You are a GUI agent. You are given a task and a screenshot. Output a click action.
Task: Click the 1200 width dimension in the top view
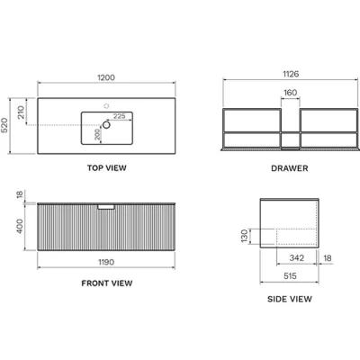106,77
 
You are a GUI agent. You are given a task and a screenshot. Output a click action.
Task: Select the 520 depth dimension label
4,125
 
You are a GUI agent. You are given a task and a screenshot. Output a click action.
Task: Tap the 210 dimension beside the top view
21,112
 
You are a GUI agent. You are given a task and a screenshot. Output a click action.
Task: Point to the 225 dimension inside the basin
119,116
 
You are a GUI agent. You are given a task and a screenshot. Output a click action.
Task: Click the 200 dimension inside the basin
97,134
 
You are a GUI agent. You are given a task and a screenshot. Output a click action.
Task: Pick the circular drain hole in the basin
106,125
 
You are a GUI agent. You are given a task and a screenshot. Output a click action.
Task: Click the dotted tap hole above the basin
106,105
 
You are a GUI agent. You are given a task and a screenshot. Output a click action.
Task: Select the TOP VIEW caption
107,168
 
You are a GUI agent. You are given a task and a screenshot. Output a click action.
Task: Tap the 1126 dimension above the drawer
291,74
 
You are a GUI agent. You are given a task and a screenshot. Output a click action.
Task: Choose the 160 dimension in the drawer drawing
290,93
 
